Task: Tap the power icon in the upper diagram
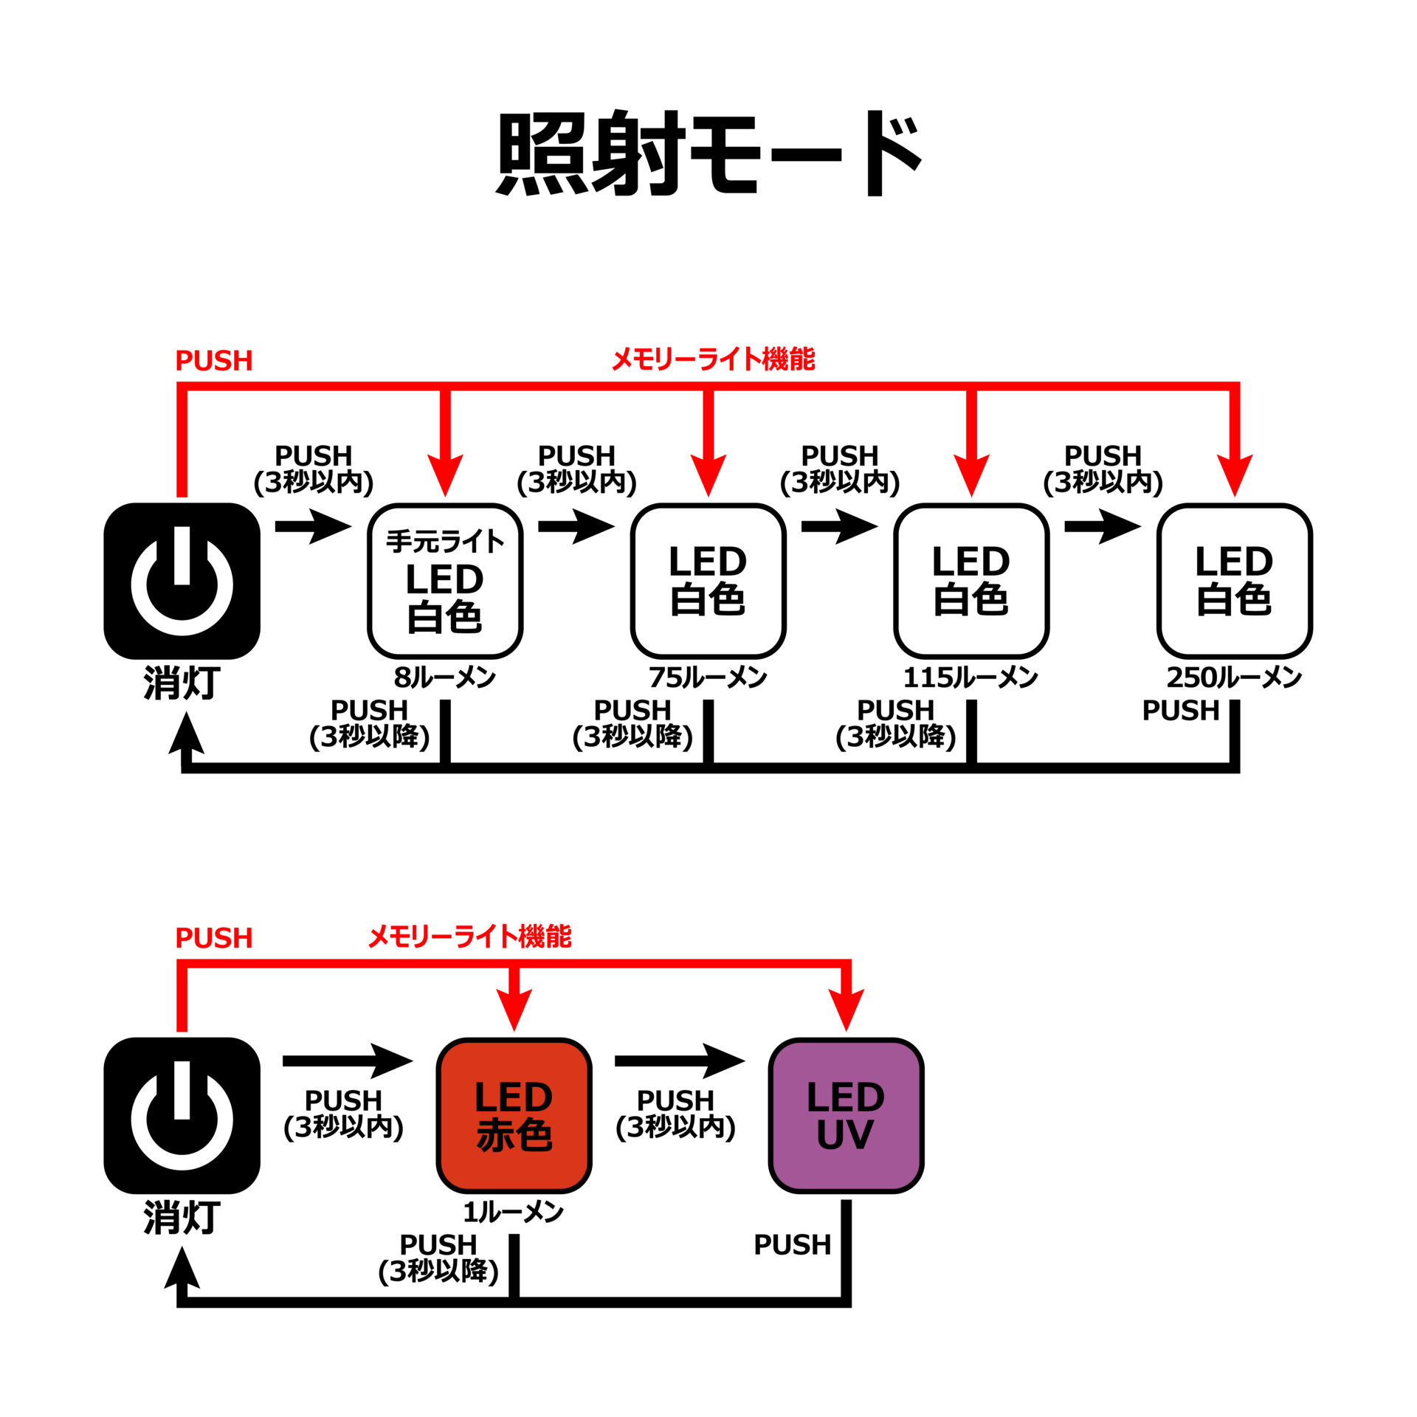click(x=182, y=582)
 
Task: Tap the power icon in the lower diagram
click(x=182, y=1115)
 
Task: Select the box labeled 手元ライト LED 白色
click(x=445, y=582)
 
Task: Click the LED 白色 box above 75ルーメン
click(x=708, y=582)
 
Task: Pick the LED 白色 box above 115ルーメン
click(x=971, y=582)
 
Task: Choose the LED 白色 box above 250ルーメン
click(x=1234, y=582)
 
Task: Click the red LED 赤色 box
click(x=514, y=1115)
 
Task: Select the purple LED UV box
click(x=846, y=1115)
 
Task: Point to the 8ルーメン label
click(x=444, y=678)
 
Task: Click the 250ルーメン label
click(x=1233, y=678)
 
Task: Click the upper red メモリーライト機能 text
click(x=713, y=359)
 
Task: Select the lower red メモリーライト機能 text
click(x=469, y=937)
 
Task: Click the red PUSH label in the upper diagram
click(x=213, y=361)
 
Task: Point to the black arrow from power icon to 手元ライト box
click(x=313, y=526)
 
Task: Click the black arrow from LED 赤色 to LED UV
click(x=679, y=1061)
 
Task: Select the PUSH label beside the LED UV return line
click(x=792, y=1245)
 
